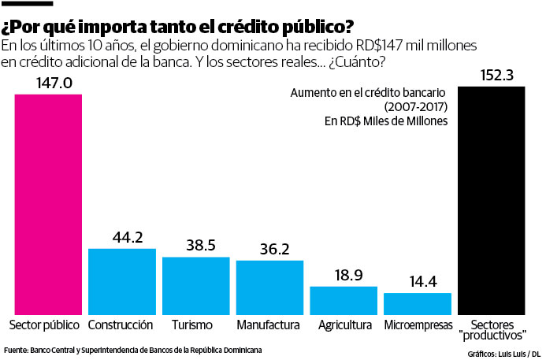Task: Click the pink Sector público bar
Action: click(x=47, y=204)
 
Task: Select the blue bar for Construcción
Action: click(x=121, y=281)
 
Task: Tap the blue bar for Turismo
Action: click(x=195, y=286)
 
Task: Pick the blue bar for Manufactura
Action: click(x=269, y=288)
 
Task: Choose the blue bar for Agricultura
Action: click(x=344, y=300)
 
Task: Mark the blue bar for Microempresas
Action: click(x=418, y=304)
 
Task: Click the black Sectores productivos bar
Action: click(x=492, y=201)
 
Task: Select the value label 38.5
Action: click(x=201, y=246)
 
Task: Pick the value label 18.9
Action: click(x=349, y=275)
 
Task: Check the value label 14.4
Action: click(x=423, y=282)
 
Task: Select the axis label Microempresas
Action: click(x=418, y=325)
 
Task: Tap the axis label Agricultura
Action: click(x=344, y=325)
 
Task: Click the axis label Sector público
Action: click(x=44, y=325)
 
